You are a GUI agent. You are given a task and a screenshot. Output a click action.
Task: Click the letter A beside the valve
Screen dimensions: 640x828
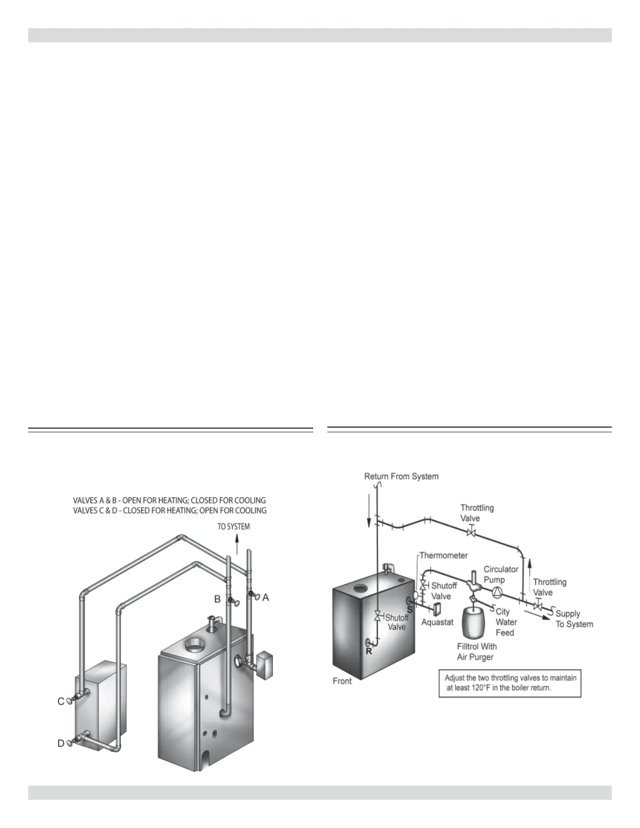point(266,597)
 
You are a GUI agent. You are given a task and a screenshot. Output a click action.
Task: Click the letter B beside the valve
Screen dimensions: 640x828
point(218,600)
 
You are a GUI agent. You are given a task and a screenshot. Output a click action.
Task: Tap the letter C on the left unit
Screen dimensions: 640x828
point(61,701)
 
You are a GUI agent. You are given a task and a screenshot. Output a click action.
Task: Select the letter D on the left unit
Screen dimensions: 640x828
point(61,743)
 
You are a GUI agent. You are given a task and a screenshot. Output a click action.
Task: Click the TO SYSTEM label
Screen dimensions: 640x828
point(234,526)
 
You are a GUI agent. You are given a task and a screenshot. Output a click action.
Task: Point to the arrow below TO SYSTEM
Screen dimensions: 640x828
point(237,546)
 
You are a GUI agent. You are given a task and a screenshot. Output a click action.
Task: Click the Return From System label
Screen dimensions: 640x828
point(401,476)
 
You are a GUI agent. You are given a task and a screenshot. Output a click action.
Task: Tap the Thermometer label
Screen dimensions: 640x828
point(443,555)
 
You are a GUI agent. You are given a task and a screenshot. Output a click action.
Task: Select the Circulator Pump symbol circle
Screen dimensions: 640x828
point(497,592)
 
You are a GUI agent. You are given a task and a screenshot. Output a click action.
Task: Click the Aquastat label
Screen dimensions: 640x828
point(437,622)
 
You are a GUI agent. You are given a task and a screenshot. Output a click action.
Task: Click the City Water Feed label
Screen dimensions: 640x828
point(506,622)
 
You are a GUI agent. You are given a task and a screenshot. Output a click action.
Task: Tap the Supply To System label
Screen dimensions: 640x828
point(574,619)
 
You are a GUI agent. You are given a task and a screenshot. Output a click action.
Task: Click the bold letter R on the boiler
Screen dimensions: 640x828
point(369,651)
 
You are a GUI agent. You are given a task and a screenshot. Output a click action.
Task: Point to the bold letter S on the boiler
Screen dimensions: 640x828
point(409,609)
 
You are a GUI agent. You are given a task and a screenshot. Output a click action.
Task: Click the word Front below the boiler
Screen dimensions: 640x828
point(342,681)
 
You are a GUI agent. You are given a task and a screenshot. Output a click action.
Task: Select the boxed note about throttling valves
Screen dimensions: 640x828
point(510,683)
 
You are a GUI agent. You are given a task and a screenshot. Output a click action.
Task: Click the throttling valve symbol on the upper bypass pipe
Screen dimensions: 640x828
point(471,533)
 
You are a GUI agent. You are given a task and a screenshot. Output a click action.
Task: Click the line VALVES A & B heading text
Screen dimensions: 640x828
point(169,500)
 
